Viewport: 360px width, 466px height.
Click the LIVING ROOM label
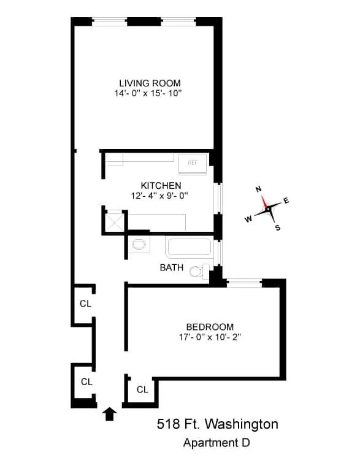150,83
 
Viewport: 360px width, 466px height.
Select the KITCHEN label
161,186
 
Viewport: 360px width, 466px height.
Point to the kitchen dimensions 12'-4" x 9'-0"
159,196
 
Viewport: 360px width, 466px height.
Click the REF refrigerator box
193,163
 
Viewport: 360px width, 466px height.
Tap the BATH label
171,267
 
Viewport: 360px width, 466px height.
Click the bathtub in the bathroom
189,248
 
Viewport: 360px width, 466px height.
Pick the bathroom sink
139,244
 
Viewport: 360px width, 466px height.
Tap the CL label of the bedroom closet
142,389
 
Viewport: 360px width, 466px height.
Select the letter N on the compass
258,189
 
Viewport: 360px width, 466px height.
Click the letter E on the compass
286,201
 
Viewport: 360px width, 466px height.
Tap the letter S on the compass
277,228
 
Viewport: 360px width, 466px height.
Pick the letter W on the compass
248,219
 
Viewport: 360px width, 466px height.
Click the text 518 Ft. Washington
217,424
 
